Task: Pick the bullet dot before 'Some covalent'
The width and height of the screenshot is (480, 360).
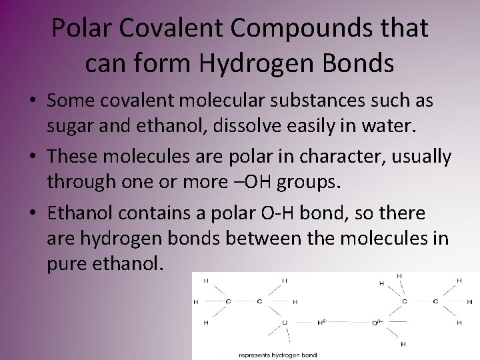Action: pyautogui.click(x=32, y=102)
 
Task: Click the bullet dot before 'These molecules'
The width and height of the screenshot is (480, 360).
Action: pyautogui.click(x=32, y=158)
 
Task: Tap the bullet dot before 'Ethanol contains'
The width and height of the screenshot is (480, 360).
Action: pyautogui.click(x=32, y=214)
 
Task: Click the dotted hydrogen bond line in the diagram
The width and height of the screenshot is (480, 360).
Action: pyautogui.click(x=347, y=323)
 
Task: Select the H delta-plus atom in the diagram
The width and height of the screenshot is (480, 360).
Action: pyautogui.click(x=320, y=322)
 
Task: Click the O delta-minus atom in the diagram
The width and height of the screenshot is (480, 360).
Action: pyautogui.click(x=375, y=323)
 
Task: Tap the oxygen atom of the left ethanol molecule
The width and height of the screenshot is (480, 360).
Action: pyautogui.click(x=285, y=323)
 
